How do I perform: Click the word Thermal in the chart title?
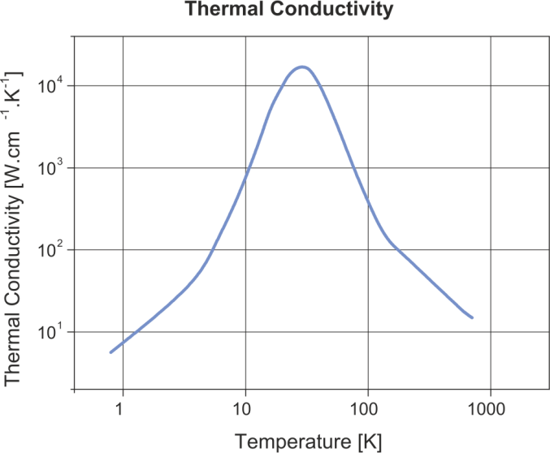[214, 10]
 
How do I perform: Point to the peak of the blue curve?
[302, 67]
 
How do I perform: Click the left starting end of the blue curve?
[110, 352]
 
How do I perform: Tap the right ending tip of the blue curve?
[472, 317]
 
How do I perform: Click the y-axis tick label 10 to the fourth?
[48, 84]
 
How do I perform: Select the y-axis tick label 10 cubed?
[48, 167]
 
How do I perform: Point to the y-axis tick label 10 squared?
[48, 249]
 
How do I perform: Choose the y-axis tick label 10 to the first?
[48, 331]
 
